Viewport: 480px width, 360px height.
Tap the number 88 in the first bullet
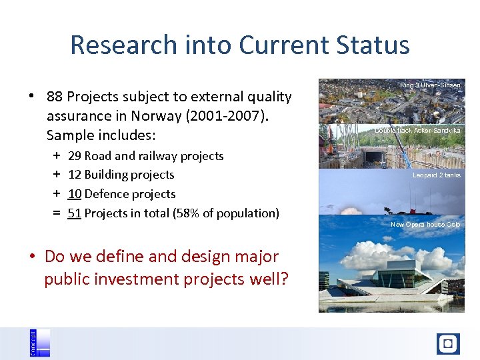(x=55, y=97)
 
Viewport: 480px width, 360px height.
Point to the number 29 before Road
(x=75, y=156)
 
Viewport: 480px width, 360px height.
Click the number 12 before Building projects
(x=75, y=175)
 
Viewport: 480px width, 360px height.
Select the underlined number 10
(x=75, y=194)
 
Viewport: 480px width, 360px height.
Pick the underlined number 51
(x=75, y=213)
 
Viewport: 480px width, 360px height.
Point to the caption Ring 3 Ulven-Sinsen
(x=430, y=85)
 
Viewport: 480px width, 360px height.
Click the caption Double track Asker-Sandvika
(x=417, y=131)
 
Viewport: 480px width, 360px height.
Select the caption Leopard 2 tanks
(x=436, y=175)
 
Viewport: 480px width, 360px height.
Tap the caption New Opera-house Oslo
(x=425, y=225)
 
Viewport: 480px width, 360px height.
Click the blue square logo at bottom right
(x=448, y=344)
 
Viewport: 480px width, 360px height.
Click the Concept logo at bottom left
(x=40, y=343)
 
